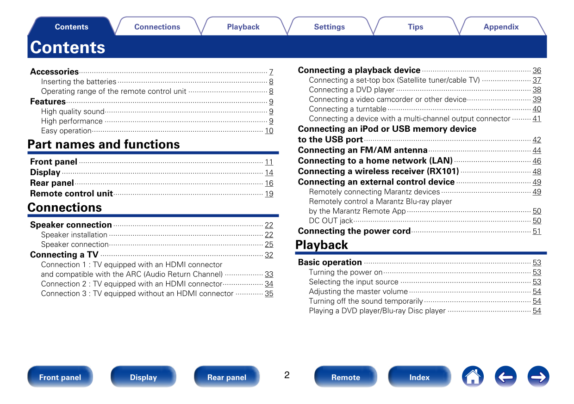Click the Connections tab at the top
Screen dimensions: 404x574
coord(157,27)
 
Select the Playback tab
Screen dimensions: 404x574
coord(243,27)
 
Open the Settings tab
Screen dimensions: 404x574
coord(329,27)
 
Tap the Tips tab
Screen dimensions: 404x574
coord(415,27)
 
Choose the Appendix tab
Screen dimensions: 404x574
coord(501,27)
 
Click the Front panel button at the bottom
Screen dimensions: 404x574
coord(60,377)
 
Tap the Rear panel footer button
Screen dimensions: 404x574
coord(227,377)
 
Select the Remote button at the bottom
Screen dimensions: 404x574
coord(345,377)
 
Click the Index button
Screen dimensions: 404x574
coord(419,377)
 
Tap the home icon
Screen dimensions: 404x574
coord(473,377)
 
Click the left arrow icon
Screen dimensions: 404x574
coord(505,377)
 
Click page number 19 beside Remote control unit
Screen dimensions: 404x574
coord(269,194)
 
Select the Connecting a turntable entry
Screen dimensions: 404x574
coord(348,109)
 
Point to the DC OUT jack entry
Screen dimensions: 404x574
coord(331,221)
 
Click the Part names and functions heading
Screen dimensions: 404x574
coord(104,144)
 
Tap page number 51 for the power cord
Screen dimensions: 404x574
coord(537,232)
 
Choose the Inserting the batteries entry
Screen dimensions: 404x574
coord(79,82)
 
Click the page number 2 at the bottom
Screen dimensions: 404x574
coord(287,375)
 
